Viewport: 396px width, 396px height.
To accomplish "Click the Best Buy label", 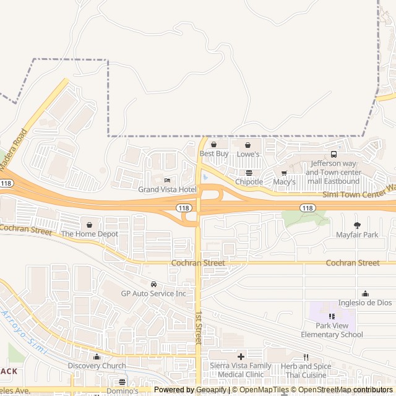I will (x=213, y=153).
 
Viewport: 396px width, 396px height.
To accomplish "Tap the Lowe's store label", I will (x=247, y=153).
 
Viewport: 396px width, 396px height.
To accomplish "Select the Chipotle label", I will (x=249, y=182).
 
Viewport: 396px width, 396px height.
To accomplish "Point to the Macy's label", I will (x=284, y=182).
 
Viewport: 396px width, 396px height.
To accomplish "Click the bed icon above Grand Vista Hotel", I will (x=167, y=180).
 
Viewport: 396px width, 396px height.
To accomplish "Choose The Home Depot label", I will (x=89, y=234).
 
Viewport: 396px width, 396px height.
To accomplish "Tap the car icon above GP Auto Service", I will (x=153, y=284).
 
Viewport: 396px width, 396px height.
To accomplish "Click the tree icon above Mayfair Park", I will (x=357, y=225).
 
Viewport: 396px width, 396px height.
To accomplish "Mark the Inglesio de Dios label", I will (x=365, y=303).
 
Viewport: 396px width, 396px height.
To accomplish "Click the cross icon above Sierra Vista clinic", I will (x=241, y=356).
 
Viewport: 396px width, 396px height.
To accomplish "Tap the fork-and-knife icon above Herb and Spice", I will (x=306, y=357).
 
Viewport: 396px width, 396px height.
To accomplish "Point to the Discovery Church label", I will (x=97, y=366).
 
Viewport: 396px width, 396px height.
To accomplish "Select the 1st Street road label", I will (x=199, y=327).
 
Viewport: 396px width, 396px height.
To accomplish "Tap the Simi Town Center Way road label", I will (x=359, y=193).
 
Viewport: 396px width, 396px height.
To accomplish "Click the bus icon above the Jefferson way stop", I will (x=334, y=154).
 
